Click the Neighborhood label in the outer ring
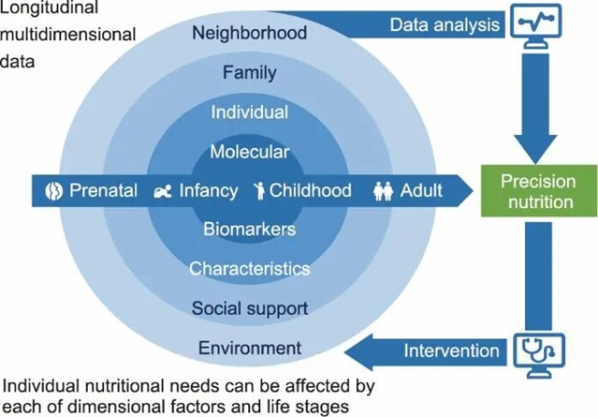tap(249, 34)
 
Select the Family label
tap(249, 72)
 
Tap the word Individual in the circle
tap(249, 112)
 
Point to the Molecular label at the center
tap(249, 151)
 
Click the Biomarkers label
tap(249, 229)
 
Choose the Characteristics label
tap(249, 269)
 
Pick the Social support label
tap(249, 307)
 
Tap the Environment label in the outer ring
tap(249, 348)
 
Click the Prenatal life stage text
tap(104, 191)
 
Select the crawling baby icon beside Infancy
tap(164, 191)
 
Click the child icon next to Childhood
tap(260, 191)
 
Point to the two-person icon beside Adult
tap(383, 191)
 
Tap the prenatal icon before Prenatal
tap(53, 191)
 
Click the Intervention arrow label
tap(450, 351)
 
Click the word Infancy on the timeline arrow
tap(208, 191)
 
